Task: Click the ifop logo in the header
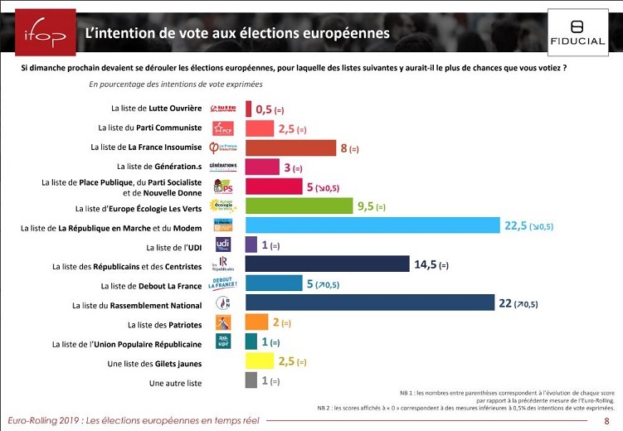(38, 34)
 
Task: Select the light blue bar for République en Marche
(372, 225)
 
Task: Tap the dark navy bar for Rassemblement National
(369, 303)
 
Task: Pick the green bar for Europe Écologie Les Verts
(299, 206)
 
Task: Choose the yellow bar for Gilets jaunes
(260, 361)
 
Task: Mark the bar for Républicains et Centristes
(328, 264)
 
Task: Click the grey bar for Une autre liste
(251, 380)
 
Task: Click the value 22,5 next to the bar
(516, 225)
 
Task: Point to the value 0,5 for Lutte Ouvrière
(264, 109)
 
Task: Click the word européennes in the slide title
(340, 34)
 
